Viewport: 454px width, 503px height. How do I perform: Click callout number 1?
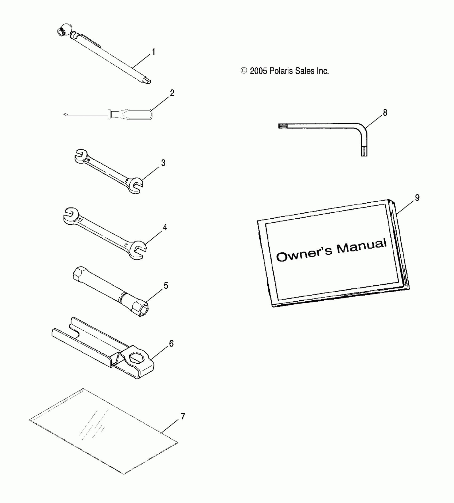(154, 52)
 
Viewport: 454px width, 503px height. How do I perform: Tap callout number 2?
(172, 93)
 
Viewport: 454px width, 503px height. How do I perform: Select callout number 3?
(163, 163)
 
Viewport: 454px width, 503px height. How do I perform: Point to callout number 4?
(165, 227)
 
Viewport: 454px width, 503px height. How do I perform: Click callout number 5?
(166, 286)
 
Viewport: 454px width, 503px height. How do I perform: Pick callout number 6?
(171, 343)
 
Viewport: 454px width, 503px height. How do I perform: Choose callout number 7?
(183, 416)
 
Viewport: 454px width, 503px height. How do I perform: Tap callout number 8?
(385, 113)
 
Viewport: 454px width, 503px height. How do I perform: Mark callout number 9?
(417, 198)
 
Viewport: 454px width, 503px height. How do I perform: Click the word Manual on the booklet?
(361, 246)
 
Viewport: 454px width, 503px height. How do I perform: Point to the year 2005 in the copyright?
(258, 71)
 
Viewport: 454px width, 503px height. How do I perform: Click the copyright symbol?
(244, 71)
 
